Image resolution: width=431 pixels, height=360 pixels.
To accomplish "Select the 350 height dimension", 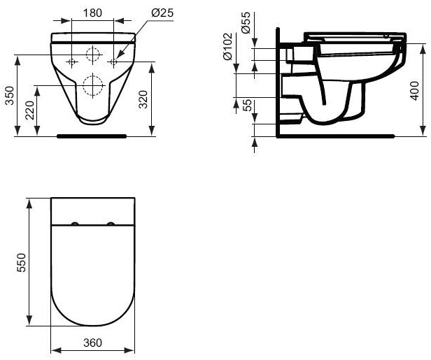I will (10, 96).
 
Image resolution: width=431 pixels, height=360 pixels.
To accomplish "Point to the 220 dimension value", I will (29, 110).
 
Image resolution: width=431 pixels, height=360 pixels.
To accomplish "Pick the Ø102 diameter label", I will (227, 48).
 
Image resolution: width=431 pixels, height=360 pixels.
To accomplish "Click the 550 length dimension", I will (22, 262).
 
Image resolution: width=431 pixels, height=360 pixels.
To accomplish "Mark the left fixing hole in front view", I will (72, 62).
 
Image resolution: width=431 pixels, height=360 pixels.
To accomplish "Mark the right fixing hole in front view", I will (115, 62).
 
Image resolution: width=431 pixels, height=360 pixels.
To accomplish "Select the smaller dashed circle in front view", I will (93, 55).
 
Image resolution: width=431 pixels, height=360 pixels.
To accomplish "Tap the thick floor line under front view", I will (92, 136).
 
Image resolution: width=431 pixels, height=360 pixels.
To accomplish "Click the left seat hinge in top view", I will (74, 224).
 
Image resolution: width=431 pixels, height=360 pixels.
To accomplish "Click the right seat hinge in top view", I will (111, 224).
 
